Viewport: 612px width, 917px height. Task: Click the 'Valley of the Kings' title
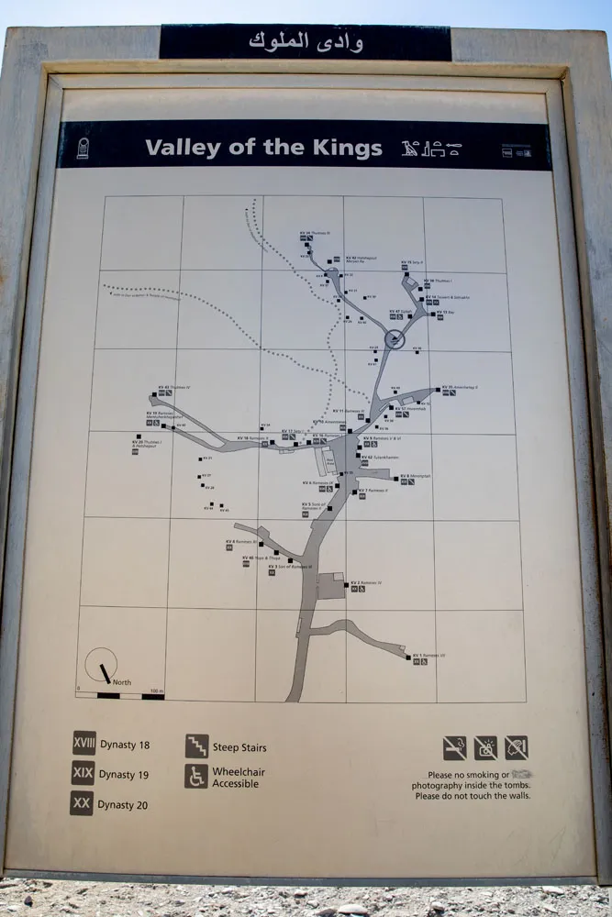coord(263,148)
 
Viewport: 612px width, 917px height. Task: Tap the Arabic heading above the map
coord(306,42)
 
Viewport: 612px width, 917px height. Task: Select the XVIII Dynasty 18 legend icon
coord(83,744)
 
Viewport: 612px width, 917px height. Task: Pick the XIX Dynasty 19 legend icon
coord(83,773)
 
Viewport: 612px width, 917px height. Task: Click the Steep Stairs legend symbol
coord(196,746)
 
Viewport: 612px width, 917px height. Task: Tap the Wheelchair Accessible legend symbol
coord(196,777)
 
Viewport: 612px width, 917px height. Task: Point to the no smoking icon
coord(454,747)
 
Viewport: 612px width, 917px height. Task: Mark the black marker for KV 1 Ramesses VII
coord(408,656)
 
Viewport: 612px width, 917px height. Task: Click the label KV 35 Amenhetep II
coord(461,387)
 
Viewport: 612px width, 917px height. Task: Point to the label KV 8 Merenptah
coord(416,476)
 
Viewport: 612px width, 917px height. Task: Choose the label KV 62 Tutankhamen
coord(378,456)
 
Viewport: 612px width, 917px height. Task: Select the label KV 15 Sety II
coord(412,262)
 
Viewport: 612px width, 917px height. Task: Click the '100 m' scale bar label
coord(156,691)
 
